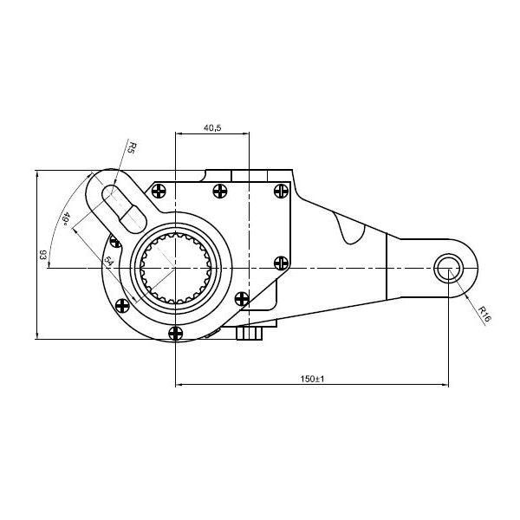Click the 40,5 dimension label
[212, 127]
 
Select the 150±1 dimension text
[312, 379]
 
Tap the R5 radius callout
[132, 147]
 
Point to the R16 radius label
[484, 314]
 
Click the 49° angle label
[66, 219]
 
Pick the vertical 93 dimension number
[42, 255]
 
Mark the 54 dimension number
[107, 260]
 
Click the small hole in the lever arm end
[449, 269]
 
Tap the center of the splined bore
[175, 268]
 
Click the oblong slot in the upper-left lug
[124, 209]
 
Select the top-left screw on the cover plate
[159, 191]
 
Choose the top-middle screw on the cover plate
[220, 191]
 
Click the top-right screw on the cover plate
[281, 191]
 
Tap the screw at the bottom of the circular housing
[175, 333]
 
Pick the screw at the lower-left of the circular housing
[123, 306]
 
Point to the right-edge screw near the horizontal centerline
[281, 263]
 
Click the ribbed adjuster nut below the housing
[250, 334]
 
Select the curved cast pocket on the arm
[348, 227]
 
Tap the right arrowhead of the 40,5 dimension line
[245, 133]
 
